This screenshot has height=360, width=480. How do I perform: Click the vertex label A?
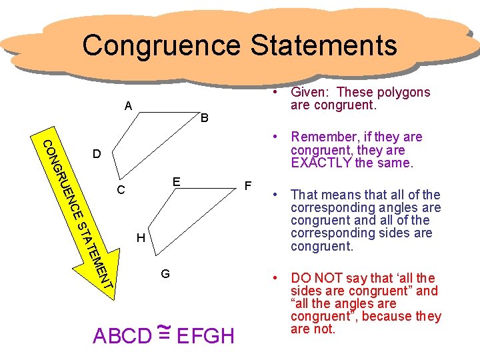(x=128, y=105)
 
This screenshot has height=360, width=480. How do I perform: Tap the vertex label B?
(x=205, y=119)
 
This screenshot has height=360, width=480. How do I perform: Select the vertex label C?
(x=120, y=191)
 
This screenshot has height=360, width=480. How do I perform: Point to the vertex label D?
(x=97, y=155)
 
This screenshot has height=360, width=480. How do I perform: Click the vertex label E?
(x=175, y=181)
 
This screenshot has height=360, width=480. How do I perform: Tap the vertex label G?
(x=165, y=273)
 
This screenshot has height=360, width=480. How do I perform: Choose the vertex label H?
(x=140, y=238)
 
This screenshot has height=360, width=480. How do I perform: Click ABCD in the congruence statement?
(x=122, y=336)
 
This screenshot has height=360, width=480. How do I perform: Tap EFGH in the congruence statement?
(x=206, y=336)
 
